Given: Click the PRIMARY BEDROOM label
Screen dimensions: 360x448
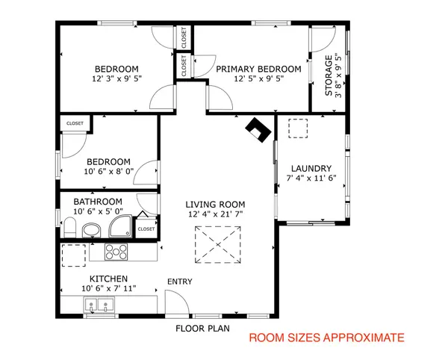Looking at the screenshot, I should tap(258, 69).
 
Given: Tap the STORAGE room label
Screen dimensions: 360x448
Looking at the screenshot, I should tap(329, 78).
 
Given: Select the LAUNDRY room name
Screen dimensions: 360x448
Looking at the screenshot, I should tap(311, 168).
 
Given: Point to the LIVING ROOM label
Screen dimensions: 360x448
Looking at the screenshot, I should tap(216, 205).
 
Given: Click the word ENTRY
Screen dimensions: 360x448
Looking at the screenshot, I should tap(179, 282).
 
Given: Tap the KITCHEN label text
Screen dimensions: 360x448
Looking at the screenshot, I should tap(108, 278).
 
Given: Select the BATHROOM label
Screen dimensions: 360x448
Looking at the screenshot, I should tap(97, 202).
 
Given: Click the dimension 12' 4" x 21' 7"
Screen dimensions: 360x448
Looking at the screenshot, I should tap(216, 214).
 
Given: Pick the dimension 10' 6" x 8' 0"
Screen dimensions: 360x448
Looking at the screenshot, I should tap(108, 171).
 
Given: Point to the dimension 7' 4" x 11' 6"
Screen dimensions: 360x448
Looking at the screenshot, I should tap(311, 179).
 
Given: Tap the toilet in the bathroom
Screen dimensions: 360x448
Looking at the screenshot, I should tap(69, 226).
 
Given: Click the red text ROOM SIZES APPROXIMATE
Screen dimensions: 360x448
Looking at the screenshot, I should tap(326, 338).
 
